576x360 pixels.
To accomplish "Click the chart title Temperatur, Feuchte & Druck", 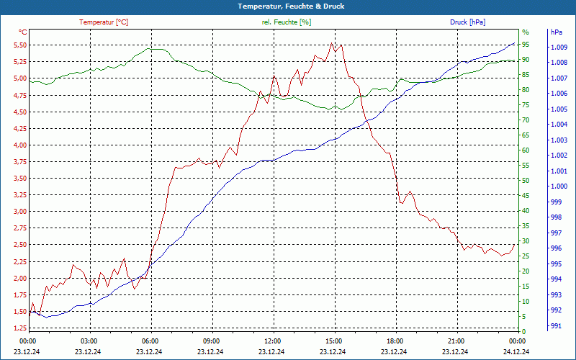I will (288, 6).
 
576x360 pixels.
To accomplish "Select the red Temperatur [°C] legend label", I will (104, 22).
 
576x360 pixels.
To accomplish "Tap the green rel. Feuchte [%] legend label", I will (287, 22).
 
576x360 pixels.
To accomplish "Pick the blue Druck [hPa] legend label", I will (467, 22).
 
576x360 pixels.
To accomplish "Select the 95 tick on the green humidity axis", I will (526, 45).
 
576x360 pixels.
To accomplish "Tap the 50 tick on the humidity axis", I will (526, 181).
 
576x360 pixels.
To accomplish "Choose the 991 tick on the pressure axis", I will (556, 326).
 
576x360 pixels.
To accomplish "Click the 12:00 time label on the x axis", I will (273, 341).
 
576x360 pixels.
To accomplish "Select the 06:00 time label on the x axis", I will (150, 341).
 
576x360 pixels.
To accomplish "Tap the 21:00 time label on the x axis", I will (456, 341).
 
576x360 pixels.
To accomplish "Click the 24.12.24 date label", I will (517, 352).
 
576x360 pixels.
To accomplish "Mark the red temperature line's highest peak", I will (332, 43).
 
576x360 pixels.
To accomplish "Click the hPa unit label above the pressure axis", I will (557, 32).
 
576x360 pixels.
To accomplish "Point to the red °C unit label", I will (22, 32).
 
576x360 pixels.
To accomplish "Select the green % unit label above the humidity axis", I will (526, 32).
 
